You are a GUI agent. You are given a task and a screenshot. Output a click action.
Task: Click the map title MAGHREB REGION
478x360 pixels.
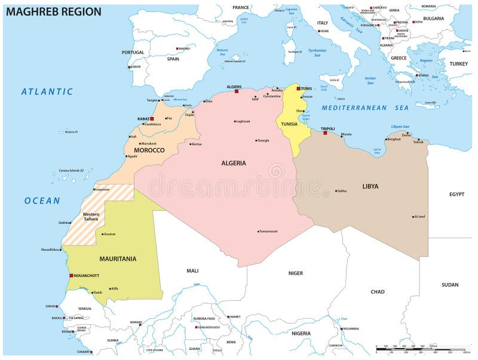pyautogui.click(x=53, y=11)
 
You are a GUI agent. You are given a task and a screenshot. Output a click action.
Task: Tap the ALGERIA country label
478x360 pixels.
pyautogui.click(x=234, y=163)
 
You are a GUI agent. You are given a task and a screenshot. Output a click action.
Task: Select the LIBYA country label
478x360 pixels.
pyautogui.click(x=370, y=186)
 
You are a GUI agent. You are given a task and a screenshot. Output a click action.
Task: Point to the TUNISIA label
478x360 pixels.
pyautogui.click(x=289, y=124)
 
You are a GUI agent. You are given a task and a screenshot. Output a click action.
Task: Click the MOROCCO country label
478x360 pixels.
pyautogui.click(x=149, y=150)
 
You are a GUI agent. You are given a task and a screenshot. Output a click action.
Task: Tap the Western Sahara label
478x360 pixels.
pyautogui.click(x=91, y=217)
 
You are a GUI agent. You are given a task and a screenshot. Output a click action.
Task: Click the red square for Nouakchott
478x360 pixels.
pyautogui.click(x=71, y=275)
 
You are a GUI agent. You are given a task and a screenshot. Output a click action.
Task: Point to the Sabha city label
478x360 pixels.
pyautogui.click(x=342, y=191)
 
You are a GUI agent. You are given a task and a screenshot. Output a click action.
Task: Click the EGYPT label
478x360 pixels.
pyautogui.click(x=456, y=194)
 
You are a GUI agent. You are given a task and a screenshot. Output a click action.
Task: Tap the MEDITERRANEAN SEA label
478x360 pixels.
pyautogui.click(x=365, y=108)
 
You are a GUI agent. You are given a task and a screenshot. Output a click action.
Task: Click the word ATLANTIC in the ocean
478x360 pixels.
pyautogui.click(x=47, y=92)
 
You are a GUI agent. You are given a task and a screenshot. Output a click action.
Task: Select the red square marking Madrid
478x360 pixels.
pyautogui.click(x=177, y=48)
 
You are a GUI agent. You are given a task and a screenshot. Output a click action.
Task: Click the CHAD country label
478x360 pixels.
pyautogui.click(x=377, y=292)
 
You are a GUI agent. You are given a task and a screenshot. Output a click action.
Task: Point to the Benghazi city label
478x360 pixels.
pyautogui.click(x=394, y=139)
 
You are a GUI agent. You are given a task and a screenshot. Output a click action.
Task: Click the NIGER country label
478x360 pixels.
pyautogui.click(x=296, y=273)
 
